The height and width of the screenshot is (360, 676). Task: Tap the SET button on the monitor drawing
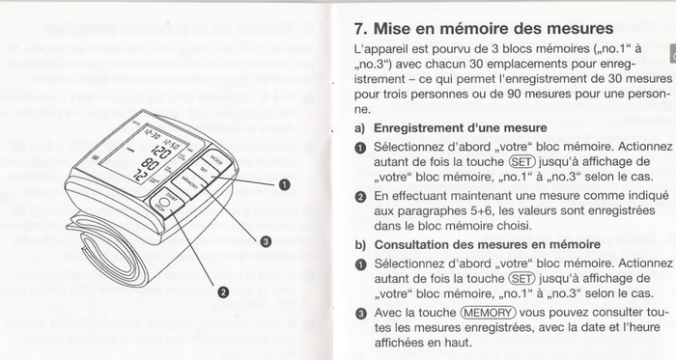click(201, 172)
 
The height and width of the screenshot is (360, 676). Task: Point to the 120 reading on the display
click(156, 152)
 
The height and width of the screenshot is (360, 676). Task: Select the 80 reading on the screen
click(151, 165)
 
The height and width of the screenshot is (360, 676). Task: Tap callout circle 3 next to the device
click(265, 242)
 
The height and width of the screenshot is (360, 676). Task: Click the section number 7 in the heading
click(360, 29)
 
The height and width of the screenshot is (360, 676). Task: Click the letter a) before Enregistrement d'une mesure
click(360, 127)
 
